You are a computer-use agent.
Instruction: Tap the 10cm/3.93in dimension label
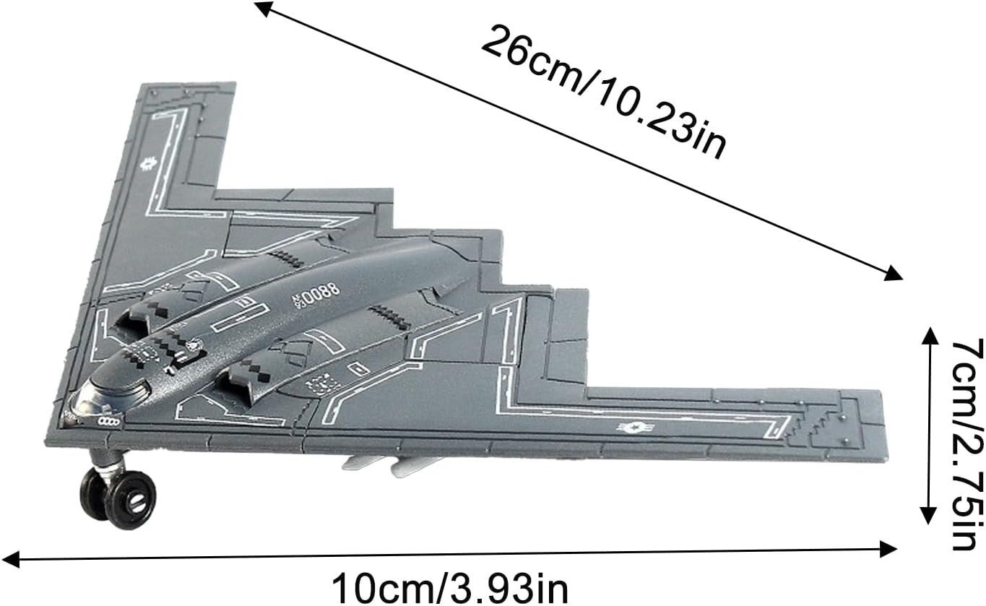449,589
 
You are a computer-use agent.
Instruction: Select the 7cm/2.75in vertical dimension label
966,444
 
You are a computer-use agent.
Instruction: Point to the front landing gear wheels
118,498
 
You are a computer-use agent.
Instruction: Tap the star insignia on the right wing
635,426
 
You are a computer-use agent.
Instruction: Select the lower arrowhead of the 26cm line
891,273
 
